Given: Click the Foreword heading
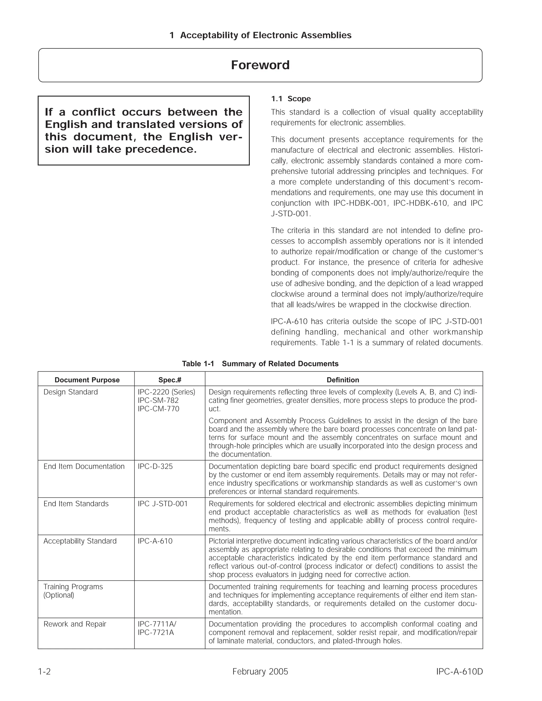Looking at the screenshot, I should [260, 65].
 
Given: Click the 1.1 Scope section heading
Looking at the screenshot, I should [291, 99].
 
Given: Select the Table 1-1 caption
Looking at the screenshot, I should [260, 364].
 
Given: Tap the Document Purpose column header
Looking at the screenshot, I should [87, 380].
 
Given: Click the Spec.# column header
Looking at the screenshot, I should [170, 380].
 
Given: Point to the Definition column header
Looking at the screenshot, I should [343, 380].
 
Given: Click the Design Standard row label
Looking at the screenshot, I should [71, 392].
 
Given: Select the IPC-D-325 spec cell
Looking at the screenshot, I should [155, 466].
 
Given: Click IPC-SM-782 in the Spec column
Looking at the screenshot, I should [158, 400].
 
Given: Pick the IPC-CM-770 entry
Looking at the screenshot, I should [158, 409].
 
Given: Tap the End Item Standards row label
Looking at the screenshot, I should [76, 504].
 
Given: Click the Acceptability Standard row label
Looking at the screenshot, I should [80, 541].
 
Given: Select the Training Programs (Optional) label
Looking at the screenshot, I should [73, 591].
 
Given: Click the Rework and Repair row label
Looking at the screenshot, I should [75, 624].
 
